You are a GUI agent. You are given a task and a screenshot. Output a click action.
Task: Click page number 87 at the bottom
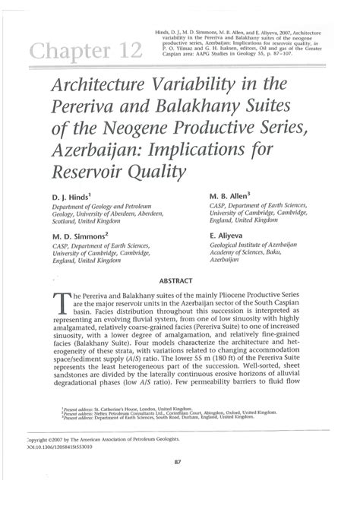click(x=178, y=481)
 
